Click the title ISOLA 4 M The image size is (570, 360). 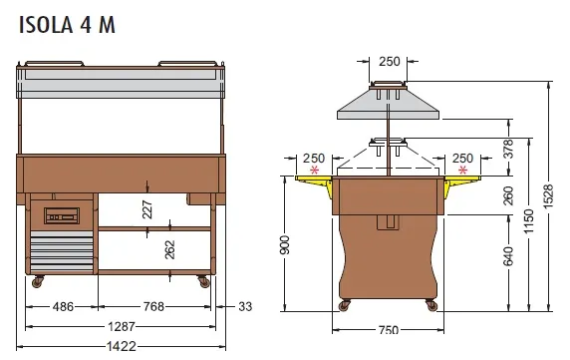[67, 25]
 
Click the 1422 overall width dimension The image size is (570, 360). [122, 346]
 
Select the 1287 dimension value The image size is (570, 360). [122, 326]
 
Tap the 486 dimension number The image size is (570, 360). [63, 307]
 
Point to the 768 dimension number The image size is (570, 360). [153, 307]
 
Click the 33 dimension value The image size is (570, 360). [245, 307]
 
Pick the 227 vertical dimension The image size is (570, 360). [147, 209]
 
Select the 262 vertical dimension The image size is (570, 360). [170, 250]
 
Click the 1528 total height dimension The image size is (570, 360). [548, 196]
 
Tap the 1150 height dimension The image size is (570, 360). [528, 221]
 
